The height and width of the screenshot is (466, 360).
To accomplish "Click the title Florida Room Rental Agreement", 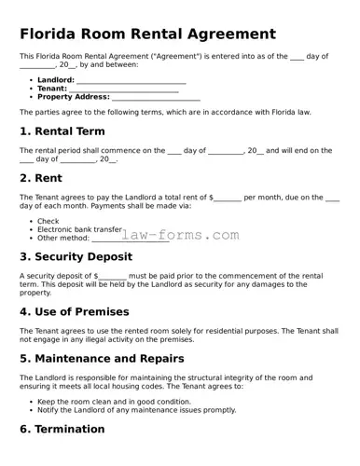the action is tap(147, 34).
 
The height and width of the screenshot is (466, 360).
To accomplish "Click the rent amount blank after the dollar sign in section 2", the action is tap(228, 198).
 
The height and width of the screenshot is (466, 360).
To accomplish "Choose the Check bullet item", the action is tap(48, 222).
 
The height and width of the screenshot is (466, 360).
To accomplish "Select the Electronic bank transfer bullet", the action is tap(79, 229).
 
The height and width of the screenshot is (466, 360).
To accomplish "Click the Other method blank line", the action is tap(130, 238).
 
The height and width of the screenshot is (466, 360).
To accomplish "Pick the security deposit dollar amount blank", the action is tap(112, 277).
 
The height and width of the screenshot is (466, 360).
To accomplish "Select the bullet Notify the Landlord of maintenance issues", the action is tap(136, 409).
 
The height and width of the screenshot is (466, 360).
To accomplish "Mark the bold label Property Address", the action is tap(74, 97).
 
